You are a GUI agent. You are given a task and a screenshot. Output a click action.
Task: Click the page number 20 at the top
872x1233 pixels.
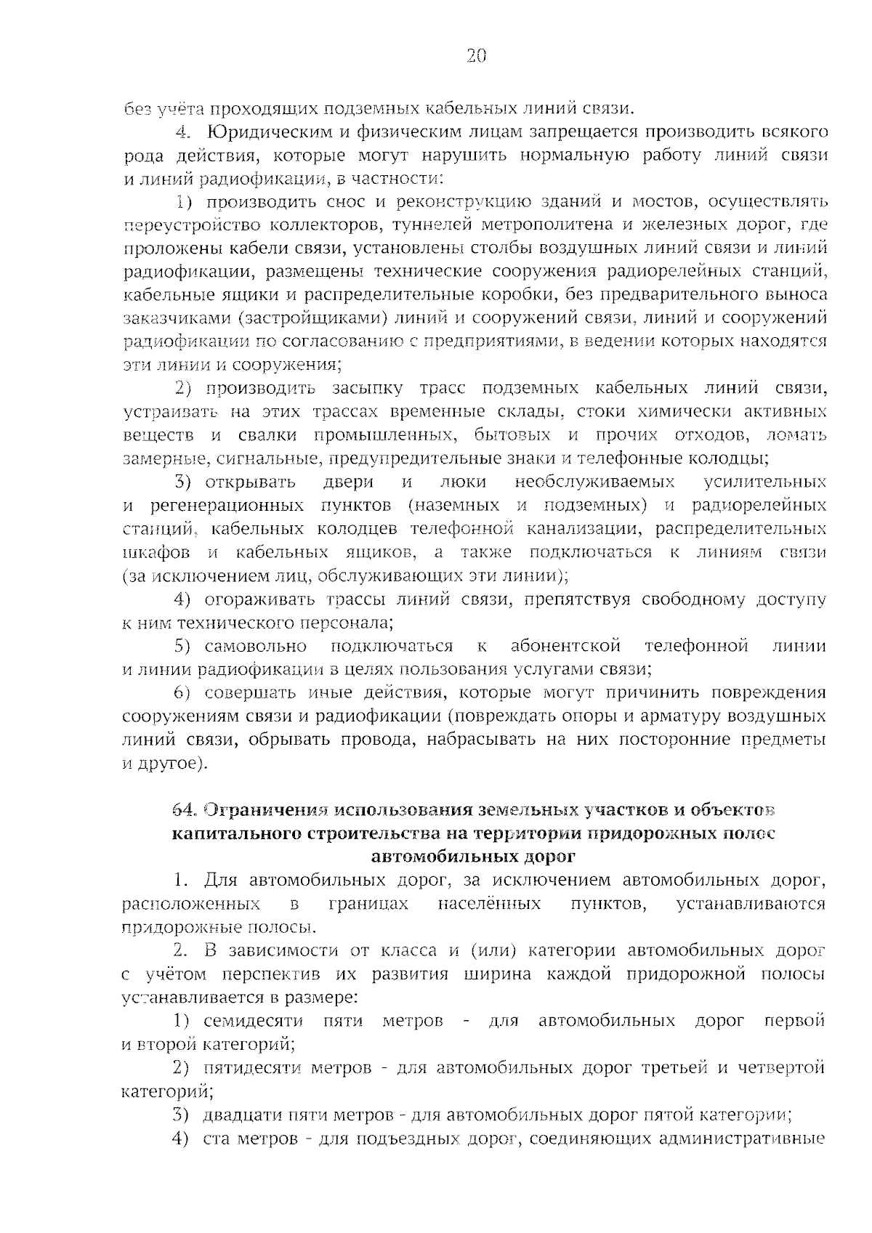click(x=476, y=57)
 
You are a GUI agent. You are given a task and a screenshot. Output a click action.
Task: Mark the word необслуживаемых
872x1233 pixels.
click(x=594, y=482)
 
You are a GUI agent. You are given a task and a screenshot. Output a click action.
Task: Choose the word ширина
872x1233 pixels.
click(x=494, y=974)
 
